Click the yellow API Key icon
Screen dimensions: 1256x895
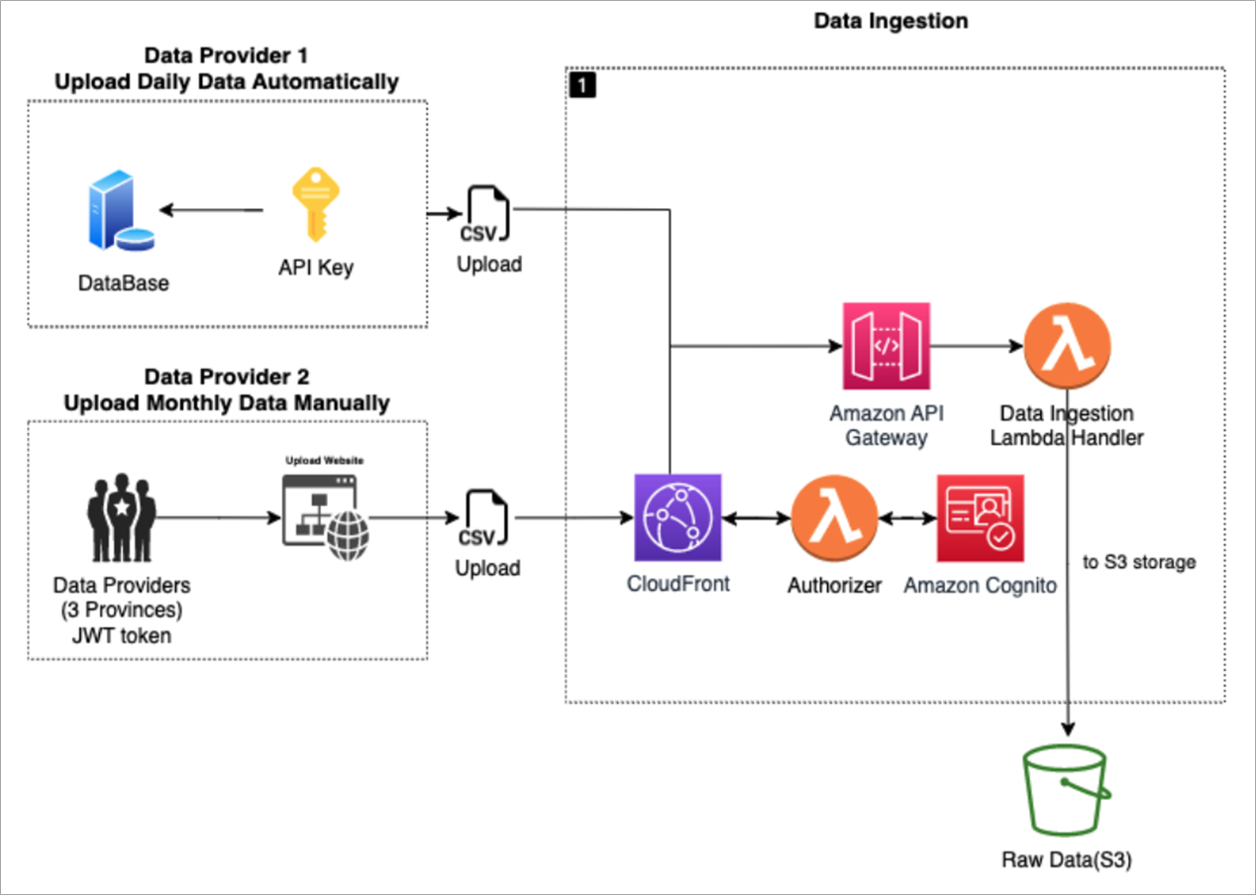point(316,204)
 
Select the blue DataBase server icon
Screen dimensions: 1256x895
point(121,210)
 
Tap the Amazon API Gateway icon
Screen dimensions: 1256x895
point(887,346)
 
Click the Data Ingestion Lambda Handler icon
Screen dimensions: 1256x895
point(1068,345)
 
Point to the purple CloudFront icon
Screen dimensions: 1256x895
point(678,517)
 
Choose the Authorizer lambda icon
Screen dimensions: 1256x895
point(834,518)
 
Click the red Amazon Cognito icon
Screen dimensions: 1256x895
point(981,518)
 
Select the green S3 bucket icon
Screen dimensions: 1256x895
point(1067,790)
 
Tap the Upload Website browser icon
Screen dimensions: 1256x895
point(326,517)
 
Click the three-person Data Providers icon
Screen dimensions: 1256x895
point(122,517)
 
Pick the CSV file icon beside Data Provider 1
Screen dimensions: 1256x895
point(485,214)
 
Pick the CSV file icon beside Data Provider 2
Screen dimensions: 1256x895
point(484,518)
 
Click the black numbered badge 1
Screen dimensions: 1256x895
point(582,85)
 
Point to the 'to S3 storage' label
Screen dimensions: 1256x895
point(1139,562)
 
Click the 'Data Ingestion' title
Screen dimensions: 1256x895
point(890,22)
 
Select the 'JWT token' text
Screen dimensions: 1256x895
point(122,635)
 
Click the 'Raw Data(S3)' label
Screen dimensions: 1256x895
point(1067,859)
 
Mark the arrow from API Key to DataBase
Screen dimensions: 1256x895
point(211,210)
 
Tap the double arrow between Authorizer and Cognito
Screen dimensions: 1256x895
point(907,518)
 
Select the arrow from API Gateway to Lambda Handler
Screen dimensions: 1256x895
point(978,346)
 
